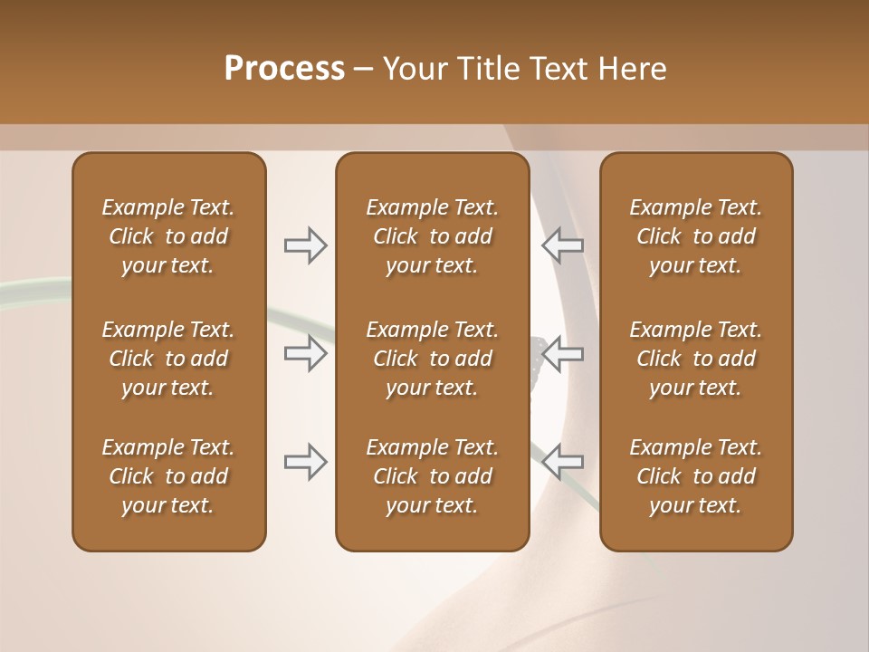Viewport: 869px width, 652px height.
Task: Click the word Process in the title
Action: click(284, 69)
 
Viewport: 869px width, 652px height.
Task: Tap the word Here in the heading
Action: click(632, 69)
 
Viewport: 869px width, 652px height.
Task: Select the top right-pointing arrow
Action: click(306, 245)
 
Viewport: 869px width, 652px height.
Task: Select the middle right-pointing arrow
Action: click(306, 353)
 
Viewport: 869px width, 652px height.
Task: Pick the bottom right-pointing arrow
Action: click(306, 462)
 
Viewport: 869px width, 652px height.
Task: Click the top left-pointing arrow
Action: click(562, 245)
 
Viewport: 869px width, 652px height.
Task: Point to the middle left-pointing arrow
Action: click(562, 353)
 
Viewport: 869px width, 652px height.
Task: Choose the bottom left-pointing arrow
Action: click(562, 462)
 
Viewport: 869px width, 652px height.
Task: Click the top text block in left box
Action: click(168, 236)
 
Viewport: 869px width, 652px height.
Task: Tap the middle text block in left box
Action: click(168, 359)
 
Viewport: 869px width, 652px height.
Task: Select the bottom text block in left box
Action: click(168, 476)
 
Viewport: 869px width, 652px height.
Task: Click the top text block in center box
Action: click(432, 236)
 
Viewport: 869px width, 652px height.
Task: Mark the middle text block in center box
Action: click(432, 359)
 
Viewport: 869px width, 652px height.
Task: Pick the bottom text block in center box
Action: click(432, 476)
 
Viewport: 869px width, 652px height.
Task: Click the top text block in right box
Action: click(695, 236)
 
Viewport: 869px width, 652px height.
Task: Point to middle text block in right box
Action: click(695, 359)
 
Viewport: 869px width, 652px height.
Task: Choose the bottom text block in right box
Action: click(695, 476)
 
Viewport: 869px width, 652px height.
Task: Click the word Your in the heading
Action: click(415, 69)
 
